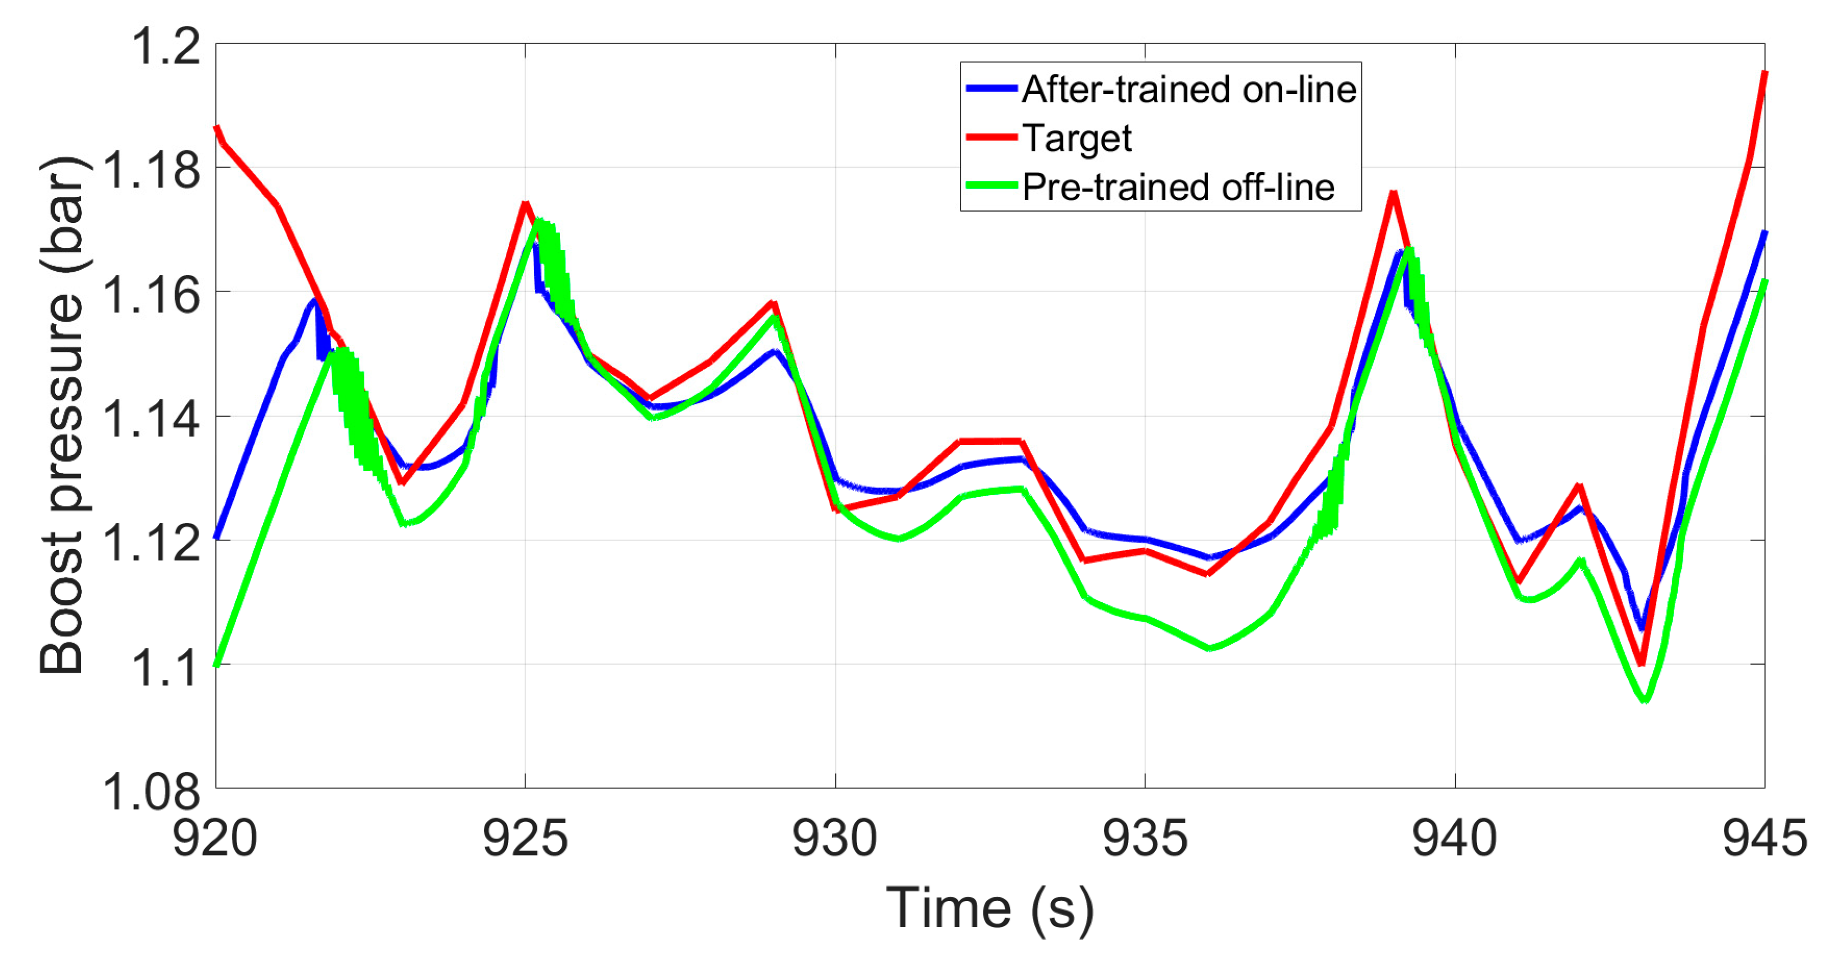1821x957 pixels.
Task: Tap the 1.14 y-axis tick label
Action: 150,419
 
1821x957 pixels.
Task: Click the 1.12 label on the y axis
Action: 150,543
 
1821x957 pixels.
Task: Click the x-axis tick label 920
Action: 215,838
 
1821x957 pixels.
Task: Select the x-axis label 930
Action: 835,838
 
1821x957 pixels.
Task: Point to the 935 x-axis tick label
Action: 1145,838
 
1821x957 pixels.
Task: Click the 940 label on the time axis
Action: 1455,838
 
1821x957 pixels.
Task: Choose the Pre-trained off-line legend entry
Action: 1178,187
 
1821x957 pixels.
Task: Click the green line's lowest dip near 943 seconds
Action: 1646,700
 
